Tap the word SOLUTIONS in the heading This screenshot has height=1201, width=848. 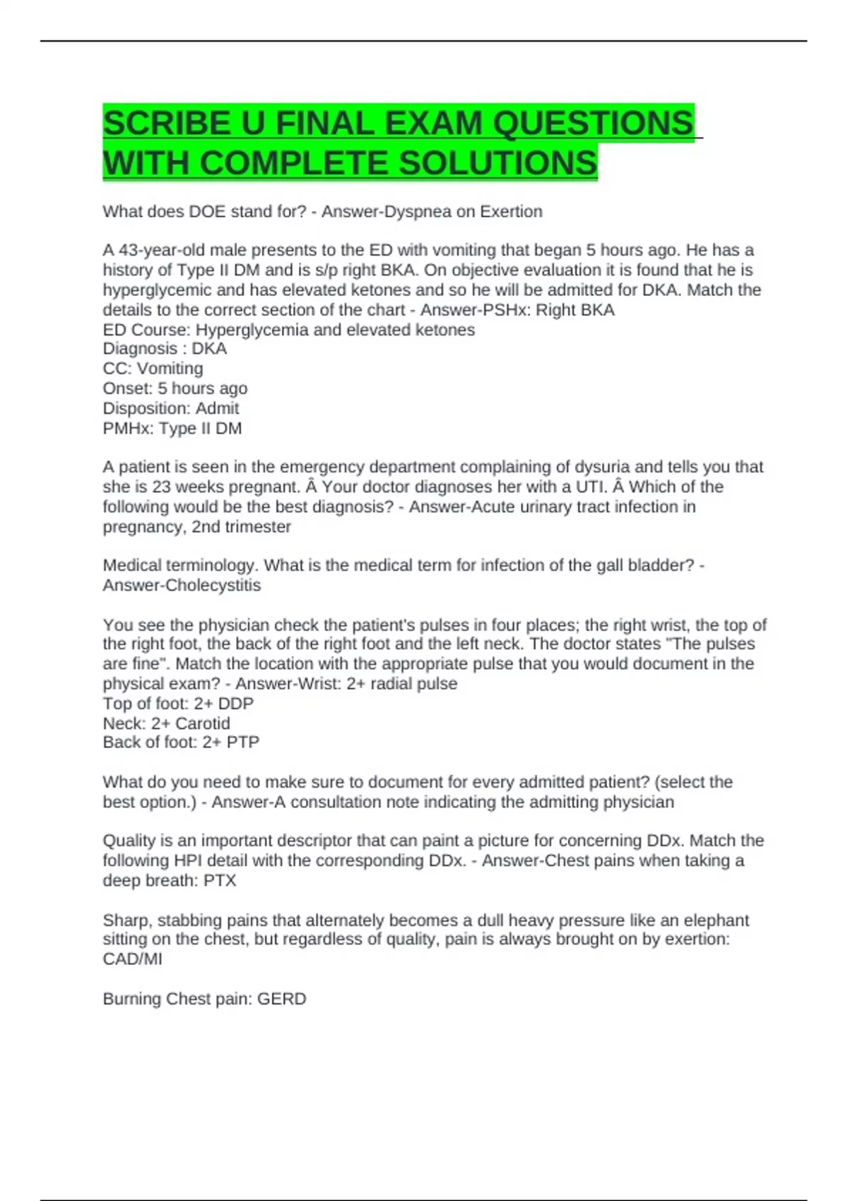click(497, 163)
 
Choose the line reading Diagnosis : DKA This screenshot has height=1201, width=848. click(165, 349)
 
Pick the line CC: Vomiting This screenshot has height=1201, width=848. click(153, 369)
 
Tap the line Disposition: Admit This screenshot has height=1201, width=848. click(171, 408)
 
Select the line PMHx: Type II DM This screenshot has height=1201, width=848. click(172, 428)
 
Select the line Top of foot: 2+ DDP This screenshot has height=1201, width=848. click(178, 704)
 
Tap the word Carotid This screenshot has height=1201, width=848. click(203, 723)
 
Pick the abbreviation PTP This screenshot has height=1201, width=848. click(242, 743)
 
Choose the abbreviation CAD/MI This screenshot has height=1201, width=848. click(132, 959)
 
